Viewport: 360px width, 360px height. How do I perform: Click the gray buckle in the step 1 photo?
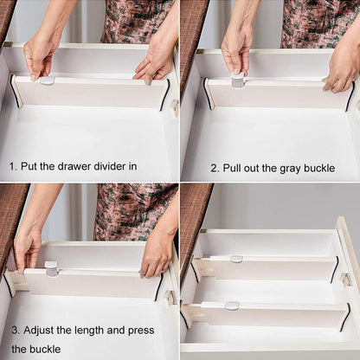47,80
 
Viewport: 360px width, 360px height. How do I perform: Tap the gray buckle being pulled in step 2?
237,80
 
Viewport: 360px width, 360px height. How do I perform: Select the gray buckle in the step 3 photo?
51,268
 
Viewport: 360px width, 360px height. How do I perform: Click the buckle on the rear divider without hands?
236,259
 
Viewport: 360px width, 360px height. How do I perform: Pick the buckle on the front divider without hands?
232,305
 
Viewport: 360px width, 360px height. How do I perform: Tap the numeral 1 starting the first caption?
12,165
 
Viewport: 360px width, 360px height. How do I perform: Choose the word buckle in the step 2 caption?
318,167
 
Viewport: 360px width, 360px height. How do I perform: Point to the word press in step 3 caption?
140,330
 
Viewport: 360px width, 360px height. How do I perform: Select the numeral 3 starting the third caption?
14,330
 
